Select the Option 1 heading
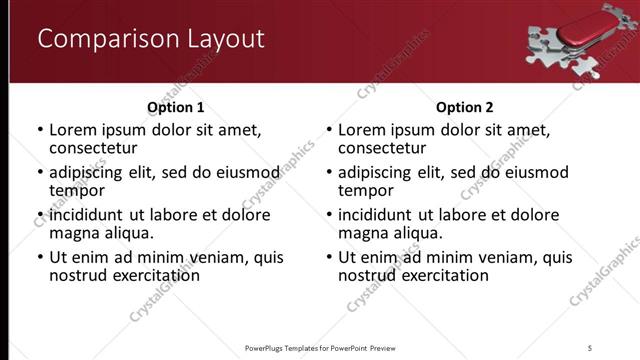(175, 107)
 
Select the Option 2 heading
(464, 107)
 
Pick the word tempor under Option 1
(77, 190)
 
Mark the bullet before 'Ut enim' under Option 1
(40, 258)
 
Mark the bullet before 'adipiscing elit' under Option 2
(329, 173)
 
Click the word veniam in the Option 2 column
(506, 257)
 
